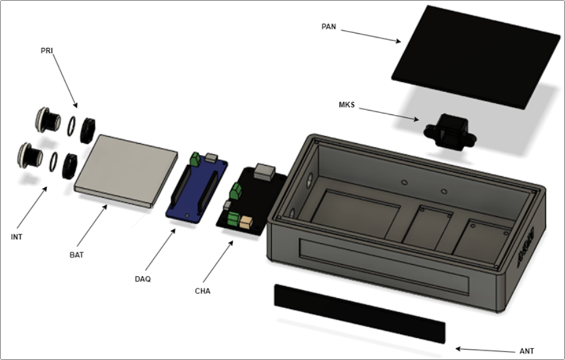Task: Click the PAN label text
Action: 328,27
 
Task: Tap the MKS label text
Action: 346,105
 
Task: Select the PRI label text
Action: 46,51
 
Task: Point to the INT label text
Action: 17,237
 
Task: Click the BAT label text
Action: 77,255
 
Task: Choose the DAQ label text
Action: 143,279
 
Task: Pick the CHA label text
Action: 202,291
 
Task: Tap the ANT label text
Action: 527,351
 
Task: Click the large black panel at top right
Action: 476,57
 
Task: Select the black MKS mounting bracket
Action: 450,132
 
